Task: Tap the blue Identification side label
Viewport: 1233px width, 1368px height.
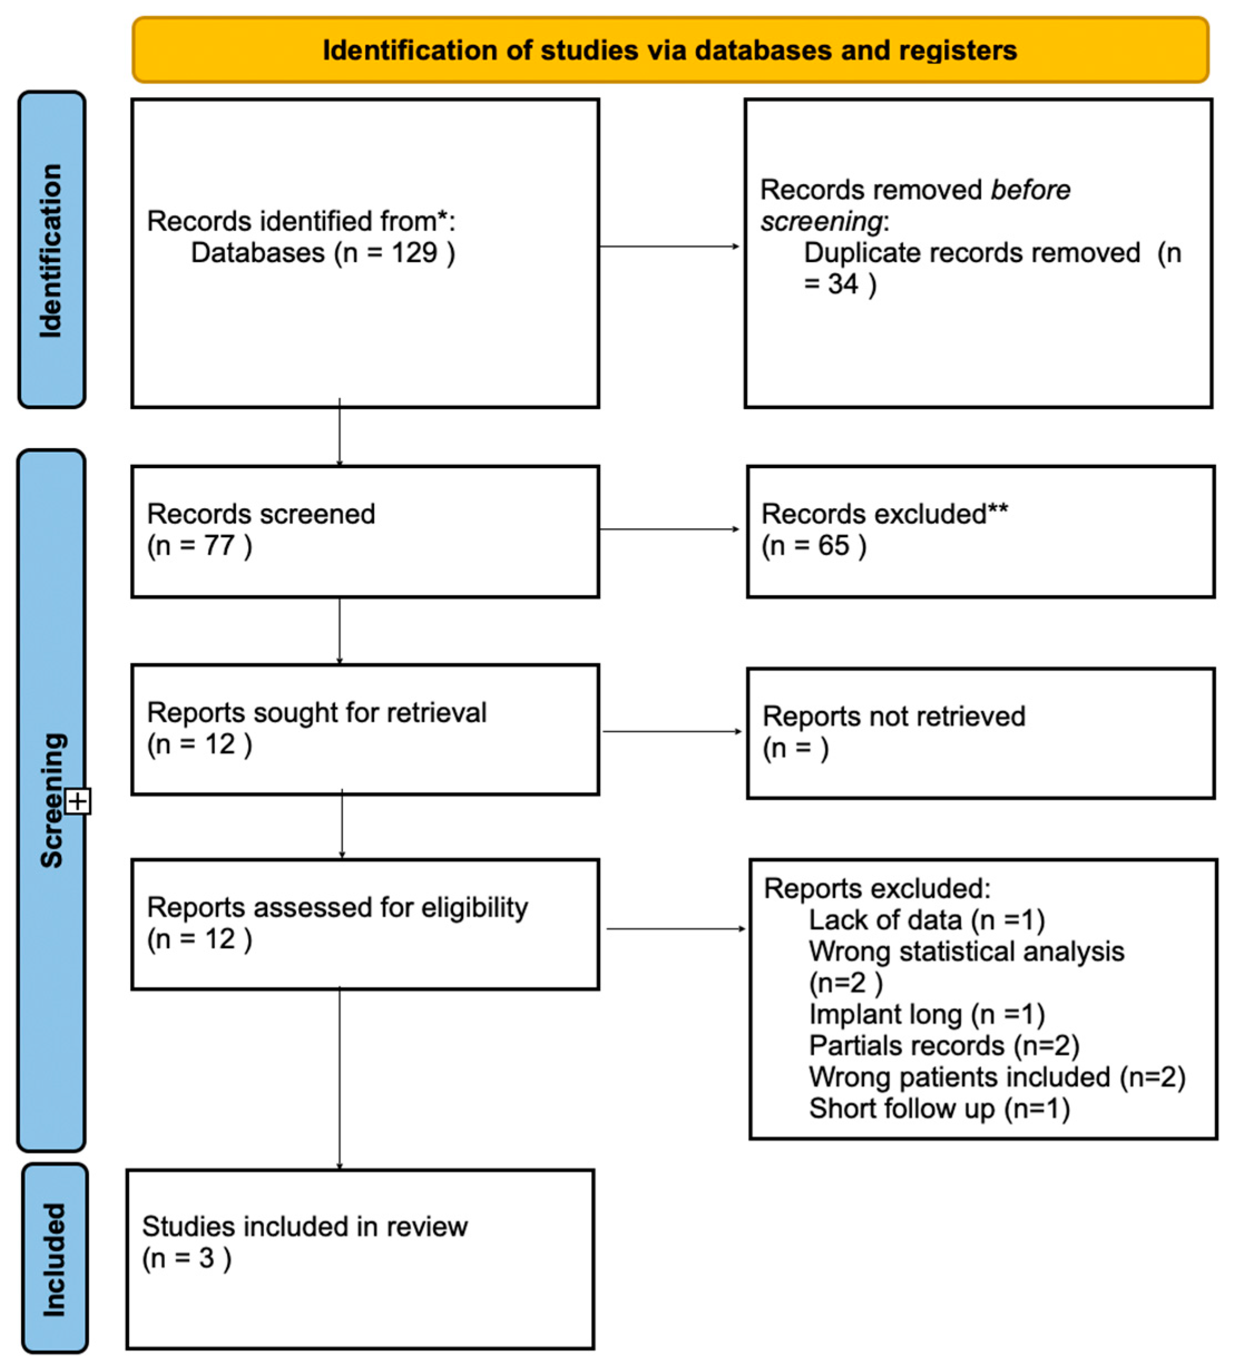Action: (x=51, y=249)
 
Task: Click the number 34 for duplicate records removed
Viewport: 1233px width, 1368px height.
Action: (x=842, y=284)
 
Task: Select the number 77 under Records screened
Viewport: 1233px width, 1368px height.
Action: (x=219, y=546)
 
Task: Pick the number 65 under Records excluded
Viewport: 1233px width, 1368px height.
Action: (x=833, y=546)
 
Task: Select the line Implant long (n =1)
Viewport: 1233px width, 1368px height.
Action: (x=926, y=1014)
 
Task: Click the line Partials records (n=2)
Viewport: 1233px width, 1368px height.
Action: (x=943, y=1046)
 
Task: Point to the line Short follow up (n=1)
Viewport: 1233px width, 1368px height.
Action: (x=939, y=1109)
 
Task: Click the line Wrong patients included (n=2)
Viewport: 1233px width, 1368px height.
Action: (x=996, y=1077)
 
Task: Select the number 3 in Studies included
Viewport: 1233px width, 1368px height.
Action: (x=206, y=1258)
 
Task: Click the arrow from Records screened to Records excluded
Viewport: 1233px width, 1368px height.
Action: (x=669, y=529)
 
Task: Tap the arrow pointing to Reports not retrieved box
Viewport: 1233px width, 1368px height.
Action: (x=671, y=731)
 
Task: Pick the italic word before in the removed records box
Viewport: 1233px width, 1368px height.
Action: (x=1030, y=190)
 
